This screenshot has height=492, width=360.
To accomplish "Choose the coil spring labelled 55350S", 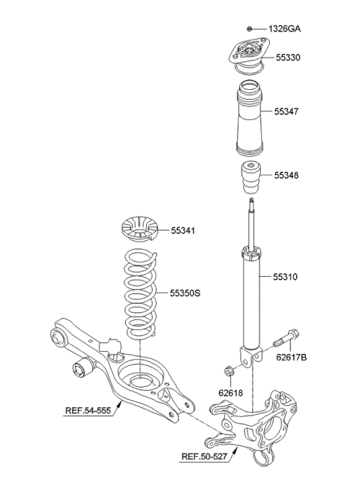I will pos(140,293).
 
